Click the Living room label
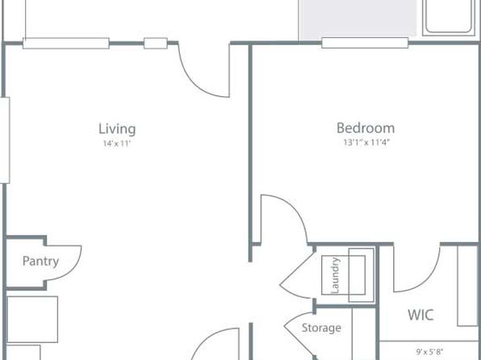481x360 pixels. pos(117,129)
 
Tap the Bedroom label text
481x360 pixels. pos(366,128)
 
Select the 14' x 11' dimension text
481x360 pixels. pos(117,144)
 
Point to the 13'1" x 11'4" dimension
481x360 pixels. pos(366,142)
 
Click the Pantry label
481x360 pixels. pos(40,262)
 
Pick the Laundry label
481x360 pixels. pos(336,275)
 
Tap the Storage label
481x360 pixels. pos(321,328)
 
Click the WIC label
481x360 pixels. pos(420,315)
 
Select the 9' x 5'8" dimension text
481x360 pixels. pos(429,352)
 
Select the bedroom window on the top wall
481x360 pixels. pos(365,43)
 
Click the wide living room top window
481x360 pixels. pos(66,43)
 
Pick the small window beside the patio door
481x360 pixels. pos(156,43)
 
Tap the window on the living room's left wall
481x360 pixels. pos(5,140)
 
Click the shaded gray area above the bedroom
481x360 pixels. pos(358,19)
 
